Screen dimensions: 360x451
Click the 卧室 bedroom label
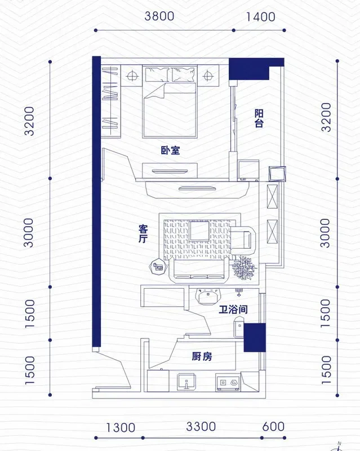171,150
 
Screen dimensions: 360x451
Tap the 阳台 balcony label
259,118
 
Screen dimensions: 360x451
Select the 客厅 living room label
143,233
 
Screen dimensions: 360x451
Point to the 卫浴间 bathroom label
233,309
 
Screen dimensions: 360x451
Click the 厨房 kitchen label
202,357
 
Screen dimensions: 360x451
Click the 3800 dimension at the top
159,16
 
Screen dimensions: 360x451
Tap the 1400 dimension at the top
260,17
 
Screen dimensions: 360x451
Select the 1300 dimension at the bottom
121,428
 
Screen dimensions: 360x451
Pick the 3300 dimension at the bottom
201,427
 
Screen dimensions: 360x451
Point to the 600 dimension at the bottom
273,427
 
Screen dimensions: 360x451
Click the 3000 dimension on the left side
29,233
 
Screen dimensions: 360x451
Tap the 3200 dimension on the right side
326,117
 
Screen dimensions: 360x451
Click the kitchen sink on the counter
186,382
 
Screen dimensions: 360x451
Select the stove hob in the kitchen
228,382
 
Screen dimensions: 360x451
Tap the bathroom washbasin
208,297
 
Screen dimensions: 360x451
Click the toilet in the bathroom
239,327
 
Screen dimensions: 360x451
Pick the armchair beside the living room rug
243,238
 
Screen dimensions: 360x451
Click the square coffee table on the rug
199,231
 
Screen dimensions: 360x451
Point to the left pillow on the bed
157,74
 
